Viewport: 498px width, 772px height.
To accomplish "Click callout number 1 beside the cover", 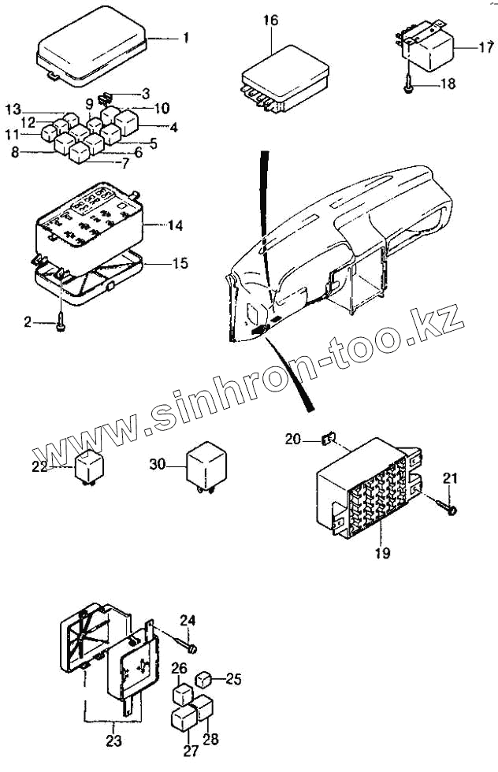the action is (186, 38).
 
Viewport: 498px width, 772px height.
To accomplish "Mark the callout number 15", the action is (180, 263).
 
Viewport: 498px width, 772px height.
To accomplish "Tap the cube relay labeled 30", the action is (205, 466).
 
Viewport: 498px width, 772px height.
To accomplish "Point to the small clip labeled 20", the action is (330, 438).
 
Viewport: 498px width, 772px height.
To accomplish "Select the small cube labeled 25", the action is (203, 677).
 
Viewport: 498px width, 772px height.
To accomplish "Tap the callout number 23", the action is (113, 740).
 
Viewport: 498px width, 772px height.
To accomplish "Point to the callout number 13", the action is (13, 108).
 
